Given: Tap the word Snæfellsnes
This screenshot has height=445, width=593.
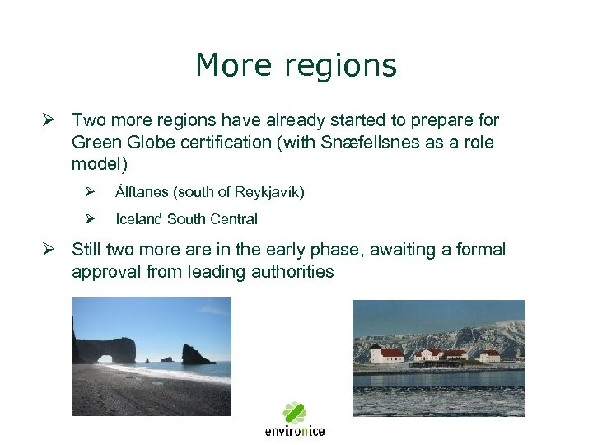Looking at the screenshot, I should pyautogui.click(x=385, y=142).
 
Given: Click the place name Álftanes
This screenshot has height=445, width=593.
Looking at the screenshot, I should pyautogui.click(x=142, y=192).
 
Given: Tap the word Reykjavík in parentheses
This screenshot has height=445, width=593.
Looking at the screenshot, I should pyautogui.click(x=268, y=192).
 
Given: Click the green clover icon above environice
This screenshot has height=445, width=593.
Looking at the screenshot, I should pyautogui.click(x=294, y=412).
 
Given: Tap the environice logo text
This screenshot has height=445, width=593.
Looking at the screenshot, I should pyautogui.click(x=294, y=430).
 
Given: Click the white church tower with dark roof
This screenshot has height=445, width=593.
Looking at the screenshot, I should pyautogui.click(x=376, y=353).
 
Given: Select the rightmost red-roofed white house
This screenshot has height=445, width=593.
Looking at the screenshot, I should pyautogui.click(x=490, y=355).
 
